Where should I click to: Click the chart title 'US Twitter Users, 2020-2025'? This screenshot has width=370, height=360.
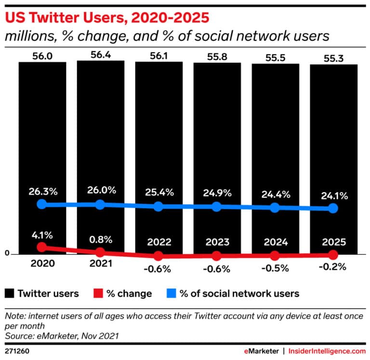coord(106,18)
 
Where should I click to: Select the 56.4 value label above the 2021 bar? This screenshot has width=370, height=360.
coord(100,54)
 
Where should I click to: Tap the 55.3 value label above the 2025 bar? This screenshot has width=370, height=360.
coord(333,58)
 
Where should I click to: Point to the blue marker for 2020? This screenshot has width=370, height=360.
coord(42,204)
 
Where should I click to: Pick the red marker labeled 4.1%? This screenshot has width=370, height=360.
coord(42,247)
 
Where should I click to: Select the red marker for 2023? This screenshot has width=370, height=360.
coord(217,255)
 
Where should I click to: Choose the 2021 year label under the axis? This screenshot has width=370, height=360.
coord(100,264)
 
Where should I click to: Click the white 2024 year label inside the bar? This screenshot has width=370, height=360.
coord(275,242)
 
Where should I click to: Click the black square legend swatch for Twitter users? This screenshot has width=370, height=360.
coord(9,293)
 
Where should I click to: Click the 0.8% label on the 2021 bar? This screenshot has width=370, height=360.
coord(100,239)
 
